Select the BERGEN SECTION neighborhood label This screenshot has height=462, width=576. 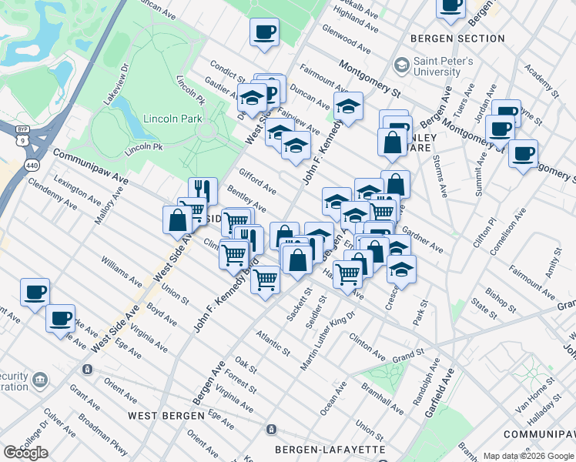point(457,38)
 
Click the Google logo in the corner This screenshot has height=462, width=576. point(26,453)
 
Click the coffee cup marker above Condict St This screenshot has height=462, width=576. point(264,32)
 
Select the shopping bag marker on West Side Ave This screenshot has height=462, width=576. point(177,219)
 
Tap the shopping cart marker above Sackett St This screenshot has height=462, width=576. point(266,280)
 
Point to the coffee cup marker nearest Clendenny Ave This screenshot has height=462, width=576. point(34,292)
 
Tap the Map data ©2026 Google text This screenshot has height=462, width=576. point(527,455)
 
